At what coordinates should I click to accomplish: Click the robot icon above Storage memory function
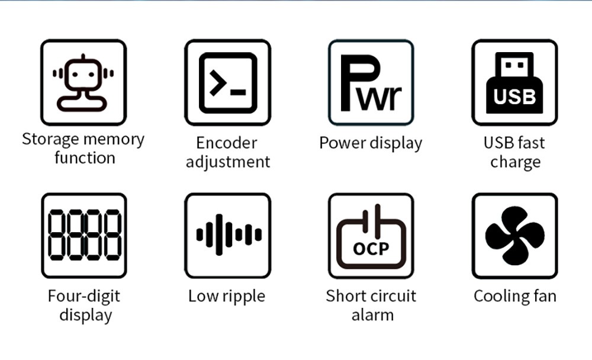point(83,82)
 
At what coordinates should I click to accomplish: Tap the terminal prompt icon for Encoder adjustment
point(228,82)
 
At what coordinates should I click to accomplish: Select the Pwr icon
point(371,82)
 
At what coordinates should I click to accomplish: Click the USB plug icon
point(514,82)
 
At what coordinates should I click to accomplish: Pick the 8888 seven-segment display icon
point(83,235)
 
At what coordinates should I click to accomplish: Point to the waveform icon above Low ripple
point(228,235)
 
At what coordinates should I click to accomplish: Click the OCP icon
point(371,235)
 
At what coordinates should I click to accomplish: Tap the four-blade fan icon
point(514,235)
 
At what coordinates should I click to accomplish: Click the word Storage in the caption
point(50,140)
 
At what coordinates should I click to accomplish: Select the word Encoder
point(227,143)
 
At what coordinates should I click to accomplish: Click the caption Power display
point(371,143)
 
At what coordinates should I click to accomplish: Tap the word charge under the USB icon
point(515,162)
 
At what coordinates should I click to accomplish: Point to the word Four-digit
point(83,295)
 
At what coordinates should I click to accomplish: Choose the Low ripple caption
point(227,295)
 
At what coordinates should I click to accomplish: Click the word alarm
point(372,314)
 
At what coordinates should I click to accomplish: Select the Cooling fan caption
point(514,295)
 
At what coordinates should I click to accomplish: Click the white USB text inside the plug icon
point(514,97)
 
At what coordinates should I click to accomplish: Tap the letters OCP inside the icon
point(371,248)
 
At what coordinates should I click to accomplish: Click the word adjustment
point(228,162)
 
